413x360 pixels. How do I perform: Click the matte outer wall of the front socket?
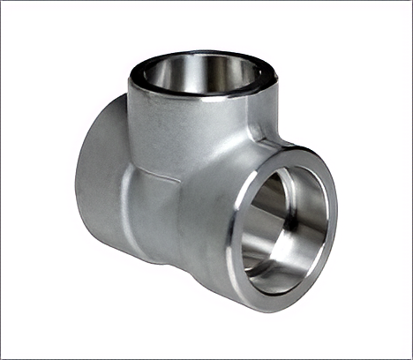click(x=207, y=221)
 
